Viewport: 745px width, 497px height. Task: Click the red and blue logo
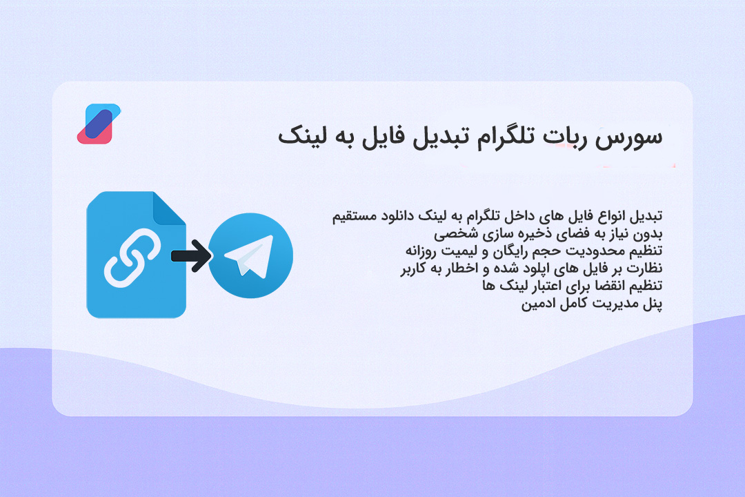(x=98, y=124)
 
